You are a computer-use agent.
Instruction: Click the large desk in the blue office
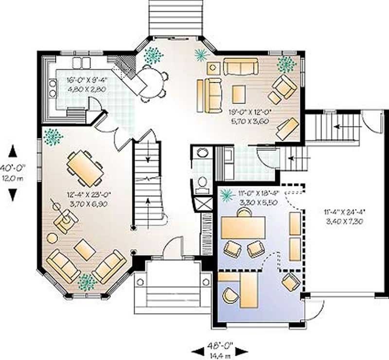coord(243,227)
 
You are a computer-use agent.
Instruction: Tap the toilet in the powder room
coord(202,182)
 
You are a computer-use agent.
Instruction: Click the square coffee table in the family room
coord(238,94)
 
